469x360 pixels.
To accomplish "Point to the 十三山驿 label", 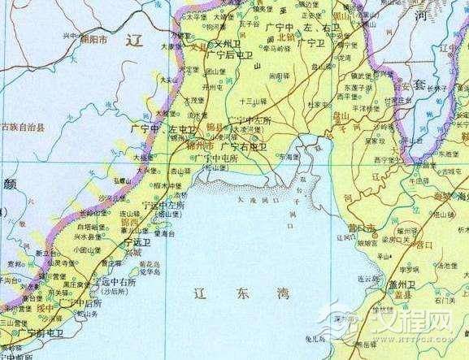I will (254, 102).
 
